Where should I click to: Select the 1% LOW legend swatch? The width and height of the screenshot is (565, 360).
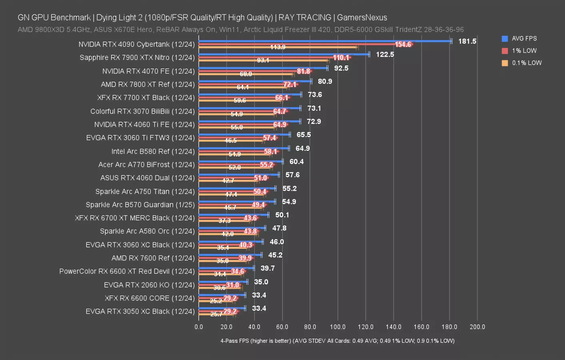tap(505, 51)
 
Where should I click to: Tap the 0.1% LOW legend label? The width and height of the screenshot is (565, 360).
tap(527, 63)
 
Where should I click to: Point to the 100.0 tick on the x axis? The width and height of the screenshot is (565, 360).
tap(337, 327)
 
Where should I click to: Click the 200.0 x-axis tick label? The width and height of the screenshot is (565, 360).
tap(477, 327)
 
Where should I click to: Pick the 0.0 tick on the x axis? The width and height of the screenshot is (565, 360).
tap(199, 327)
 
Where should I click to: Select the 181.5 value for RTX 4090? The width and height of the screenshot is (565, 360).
tap(467, 41)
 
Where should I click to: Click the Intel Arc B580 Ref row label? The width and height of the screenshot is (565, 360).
tap(153, 151)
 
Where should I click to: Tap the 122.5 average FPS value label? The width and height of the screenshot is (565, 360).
tap(385, 54)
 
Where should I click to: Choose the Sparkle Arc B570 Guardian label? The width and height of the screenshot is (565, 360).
tap(140, 205)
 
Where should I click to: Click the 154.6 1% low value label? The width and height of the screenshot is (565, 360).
tap(403, 44)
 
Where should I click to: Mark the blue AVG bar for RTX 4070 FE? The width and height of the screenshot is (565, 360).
tap(263, 68)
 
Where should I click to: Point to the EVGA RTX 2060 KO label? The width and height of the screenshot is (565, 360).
tap(149, 285)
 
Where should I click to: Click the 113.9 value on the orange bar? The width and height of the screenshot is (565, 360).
tap(278, 47)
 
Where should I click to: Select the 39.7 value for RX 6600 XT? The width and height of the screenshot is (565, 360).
tap(268, 268)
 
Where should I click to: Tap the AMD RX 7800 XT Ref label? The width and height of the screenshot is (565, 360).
tap(148, 84)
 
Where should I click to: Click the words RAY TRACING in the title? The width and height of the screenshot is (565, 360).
tap(305, 18)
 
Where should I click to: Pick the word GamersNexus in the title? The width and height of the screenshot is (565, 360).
tap(362, 18)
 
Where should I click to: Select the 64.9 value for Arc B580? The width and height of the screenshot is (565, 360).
tap(302, 148)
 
